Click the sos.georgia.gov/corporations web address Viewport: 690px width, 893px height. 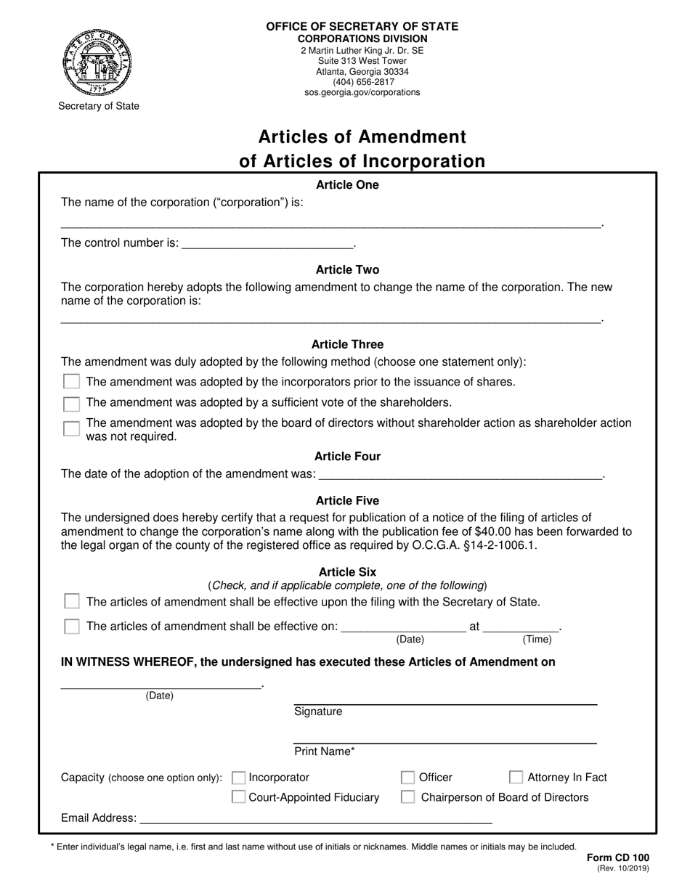point(362,92)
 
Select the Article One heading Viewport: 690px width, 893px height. point(347,185)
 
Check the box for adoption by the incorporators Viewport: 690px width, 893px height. point(71,382)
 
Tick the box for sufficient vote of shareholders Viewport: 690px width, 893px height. point(71,403)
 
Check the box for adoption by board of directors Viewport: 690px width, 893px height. point(71,428)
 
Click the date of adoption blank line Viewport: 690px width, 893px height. point(460,474)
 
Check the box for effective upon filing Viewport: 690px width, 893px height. point(71,601)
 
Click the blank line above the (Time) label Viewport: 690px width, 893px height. point(521,627)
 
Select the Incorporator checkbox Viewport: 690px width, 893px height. point(238,778)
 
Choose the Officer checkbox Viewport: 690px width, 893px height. point(408,778)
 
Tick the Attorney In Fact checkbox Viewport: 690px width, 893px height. point(516,778)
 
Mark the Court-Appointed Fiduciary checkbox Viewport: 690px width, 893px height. point(238,797)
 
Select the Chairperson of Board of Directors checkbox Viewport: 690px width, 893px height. point(408,797)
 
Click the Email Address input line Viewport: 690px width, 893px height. point(315,818)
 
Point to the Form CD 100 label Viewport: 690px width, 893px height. point(617,857)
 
